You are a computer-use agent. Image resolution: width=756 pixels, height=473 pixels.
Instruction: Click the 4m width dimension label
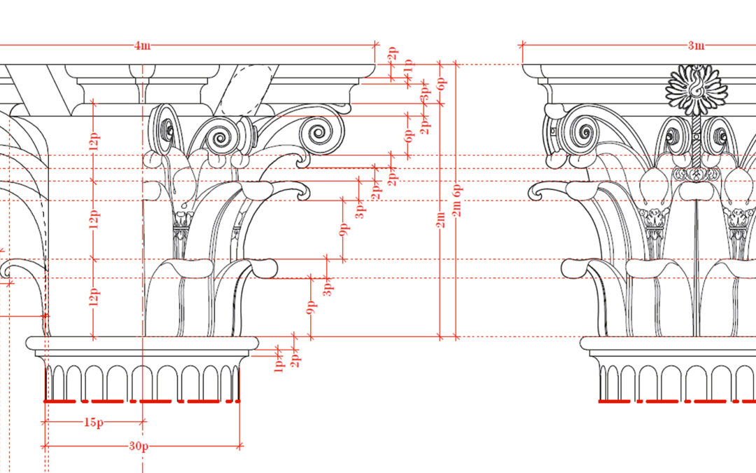click(142, 46)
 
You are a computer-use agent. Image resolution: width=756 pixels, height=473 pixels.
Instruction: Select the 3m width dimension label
click(695, 46)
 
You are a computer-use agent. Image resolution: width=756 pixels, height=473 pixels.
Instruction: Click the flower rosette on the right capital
click(696, 89)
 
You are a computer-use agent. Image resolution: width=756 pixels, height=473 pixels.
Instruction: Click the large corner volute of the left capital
click(321, 131)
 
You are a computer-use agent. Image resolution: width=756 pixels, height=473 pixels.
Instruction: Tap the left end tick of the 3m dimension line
click(522, 46)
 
